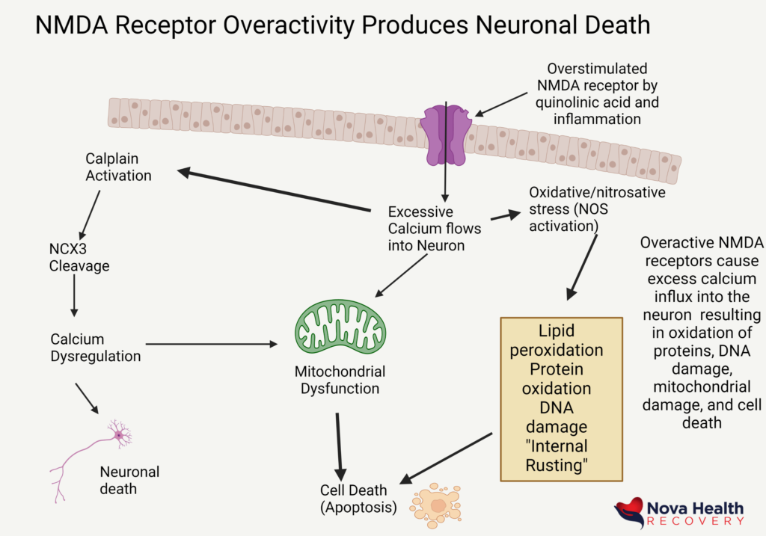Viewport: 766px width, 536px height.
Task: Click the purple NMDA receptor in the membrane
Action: (446, 135)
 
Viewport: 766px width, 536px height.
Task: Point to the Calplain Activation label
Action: (118, 167)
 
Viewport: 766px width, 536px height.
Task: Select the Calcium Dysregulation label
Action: (95, 348)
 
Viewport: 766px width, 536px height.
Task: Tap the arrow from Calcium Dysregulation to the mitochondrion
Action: (209, 345)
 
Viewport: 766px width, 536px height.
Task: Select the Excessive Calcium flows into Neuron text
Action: (435, 227)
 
